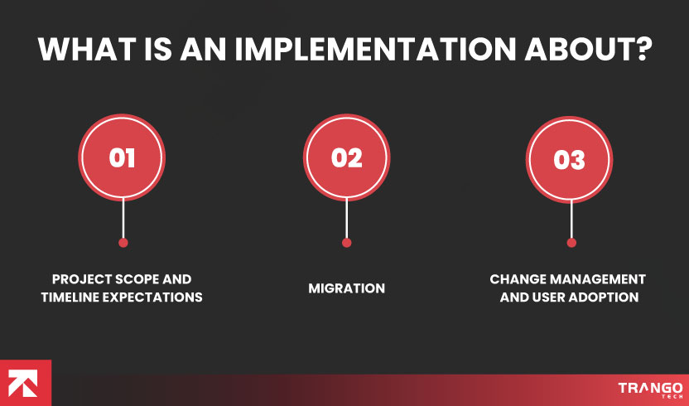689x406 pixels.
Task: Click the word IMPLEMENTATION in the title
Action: coord(375,49)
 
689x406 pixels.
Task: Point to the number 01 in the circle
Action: coord(122,157)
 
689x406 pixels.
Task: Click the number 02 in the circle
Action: coord(347,157)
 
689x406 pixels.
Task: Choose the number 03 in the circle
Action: coord(569,160)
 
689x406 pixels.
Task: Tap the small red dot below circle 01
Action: coord(123,243)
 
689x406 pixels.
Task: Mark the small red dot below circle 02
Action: coord(347,243)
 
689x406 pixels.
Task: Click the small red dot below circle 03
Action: coord(571,243)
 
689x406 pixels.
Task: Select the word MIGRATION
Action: coord(347,288)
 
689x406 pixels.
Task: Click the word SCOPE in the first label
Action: coord(131,279)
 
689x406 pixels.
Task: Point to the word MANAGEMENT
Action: coord(598,279)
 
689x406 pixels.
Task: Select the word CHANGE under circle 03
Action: coord(518,279)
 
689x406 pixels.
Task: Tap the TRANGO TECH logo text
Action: coord(650,390)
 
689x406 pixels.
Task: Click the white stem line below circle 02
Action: coord(347,218)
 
